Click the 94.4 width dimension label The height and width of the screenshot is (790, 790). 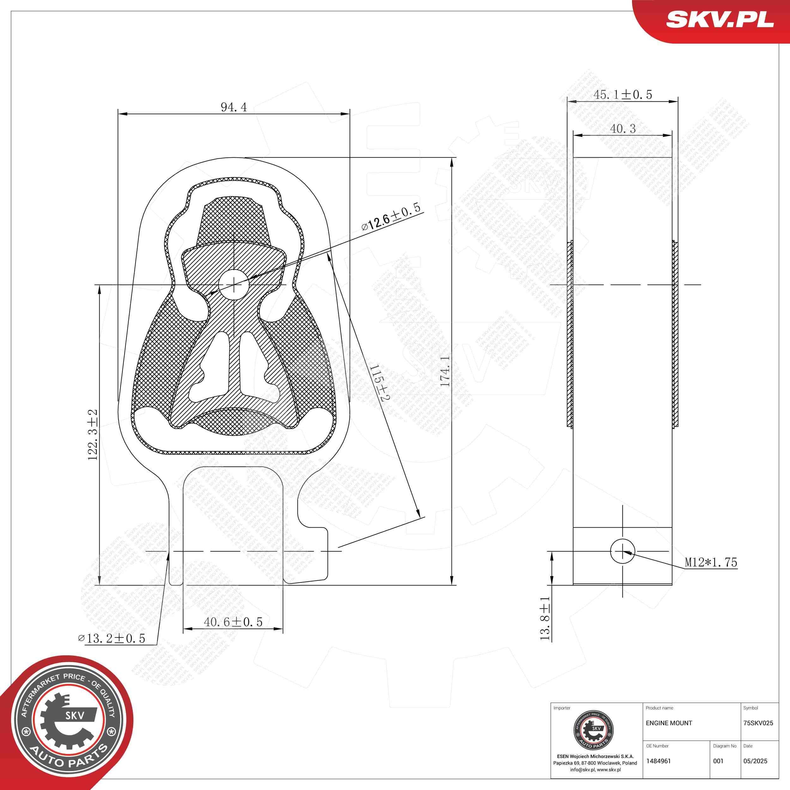(234, 107)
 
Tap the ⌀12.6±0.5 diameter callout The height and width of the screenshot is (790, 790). (391, 219)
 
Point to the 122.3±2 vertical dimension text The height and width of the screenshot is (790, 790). (93, 435)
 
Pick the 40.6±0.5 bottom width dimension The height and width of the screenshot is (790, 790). (233, 622)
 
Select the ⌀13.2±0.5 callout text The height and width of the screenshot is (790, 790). (112, 638)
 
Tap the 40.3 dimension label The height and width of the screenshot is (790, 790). (623, 129)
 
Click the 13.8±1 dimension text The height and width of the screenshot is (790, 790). (545, 618)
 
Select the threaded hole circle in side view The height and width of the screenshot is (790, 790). (622, 551)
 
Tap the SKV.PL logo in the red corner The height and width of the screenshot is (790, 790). (720, 20)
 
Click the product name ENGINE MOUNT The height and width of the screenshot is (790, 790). (669, 723)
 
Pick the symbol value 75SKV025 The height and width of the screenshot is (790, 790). (758, 723)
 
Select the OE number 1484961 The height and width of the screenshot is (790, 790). (658, 761)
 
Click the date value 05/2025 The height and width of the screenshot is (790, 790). (755, 761)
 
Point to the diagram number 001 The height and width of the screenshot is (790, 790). (718, 761)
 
